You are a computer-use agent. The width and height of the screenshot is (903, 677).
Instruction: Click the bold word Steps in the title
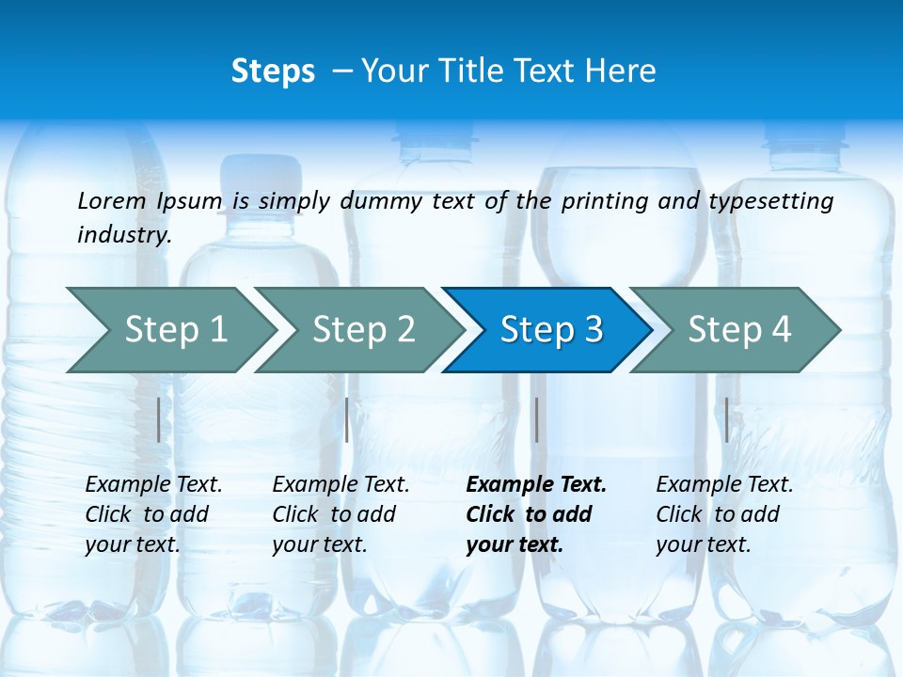pyautogui.click(x=273, y=71)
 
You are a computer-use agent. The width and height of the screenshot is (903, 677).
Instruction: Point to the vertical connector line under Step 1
pyautogui.click(x=159, y=419)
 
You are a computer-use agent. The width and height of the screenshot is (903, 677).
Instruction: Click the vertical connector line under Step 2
pyautogui.click(x=347, y=419)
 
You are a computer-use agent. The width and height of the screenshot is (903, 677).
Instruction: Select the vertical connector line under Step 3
pyautogui.click(x=536, y=419)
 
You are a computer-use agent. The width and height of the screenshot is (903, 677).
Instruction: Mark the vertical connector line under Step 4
pyautogui.click(x=727, y=419)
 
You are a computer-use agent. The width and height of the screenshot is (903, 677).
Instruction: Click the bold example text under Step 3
pyautogui.click(x=536, y=514)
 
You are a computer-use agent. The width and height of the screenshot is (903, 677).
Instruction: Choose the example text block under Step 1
pyautogui.click(x=153, y=514)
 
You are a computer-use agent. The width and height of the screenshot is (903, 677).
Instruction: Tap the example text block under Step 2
pyautogui.click(x=341, y=514)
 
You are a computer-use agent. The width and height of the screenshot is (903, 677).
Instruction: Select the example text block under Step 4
pyautogui.click(x=724, y=514)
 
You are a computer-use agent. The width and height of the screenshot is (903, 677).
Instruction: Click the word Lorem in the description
pyautogui.click(x=112, y=200)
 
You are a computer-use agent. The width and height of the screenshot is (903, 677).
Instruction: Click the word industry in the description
pyautogui.click(x=124, y=235)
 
